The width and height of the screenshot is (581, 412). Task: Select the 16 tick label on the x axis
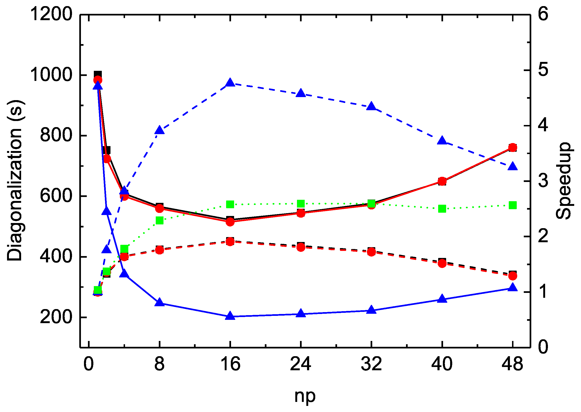point(230,364)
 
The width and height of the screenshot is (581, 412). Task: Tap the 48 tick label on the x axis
point(513,364)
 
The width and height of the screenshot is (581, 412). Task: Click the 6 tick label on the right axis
point(543,14)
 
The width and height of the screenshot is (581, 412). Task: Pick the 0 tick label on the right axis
point(543,347)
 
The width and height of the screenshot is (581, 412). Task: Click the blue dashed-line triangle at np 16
point(230,83)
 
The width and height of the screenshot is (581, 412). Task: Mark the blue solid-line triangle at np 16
point(230,316)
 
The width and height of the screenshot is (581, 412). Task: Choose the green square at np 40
point(442,209)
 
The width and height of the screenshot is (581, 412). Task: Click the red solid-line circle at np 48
point(513,147)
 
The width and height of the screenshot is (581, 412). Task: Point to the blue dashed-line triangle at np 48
point(513,166)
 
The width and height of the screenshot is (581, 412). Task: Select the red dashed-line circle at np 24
point(301,247)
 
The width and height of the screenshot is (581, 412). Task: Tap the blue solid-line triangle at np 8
point(159,302)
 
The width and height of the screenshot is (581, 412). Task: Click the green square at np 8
point(159,220)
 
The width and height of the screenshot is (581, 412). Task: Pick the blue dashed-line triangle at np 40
point(442,140)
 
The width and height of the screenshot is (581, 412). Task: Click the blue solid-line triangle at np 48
point(513,287)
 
